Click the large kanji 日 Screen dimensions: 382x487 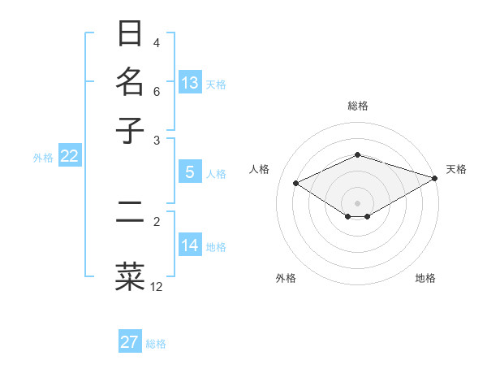pyautogui.click(x=130, y=35)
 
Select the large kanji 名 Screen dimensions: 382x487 pyautogui.click(x=130, y=82)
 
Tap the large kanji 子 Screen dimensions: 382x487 pyautogui.click(x=130, y=130)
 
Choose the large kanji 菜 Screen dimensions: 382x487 pyautogui.click(x=130, y=276)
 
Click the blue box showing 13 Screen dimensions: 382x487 pyautogui.click(x=190, y=83)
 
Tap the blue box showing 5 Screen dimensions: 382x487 pyautogui.click(x=190, y=172)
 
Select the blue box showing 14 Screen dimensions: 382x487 pyautogui.click(x=190, y=245)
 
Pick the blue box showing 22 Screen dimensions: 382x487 pyautogui.click(x=69, y=157)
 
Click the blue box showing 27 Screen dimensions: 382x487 pyautogui.click(x=130, y=342)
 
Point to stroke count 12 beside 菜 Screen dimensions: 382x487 pyautogui.click(x=157, y=287)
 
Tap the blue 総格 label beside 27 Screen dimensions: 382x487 pyautogui.click(x=157, y=344)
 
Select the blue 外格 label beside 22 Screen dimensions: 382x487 pyautogui.click(x=43, y=158)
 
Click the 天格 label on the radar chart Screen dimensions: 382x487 pyautogui.click(x=456, y=169)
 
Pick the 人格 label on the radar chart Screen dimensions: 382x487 pyautogui.click(x=260, y=169)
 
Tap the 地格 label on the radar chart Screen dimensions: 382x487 pyautogui.click(x=425, y=278)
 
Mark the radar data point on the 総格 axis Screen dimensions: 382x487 pyautogui.click(x=357, y=154)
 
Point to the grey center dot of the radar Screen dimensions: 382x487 pyautogui.click(x=357, y=202)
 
